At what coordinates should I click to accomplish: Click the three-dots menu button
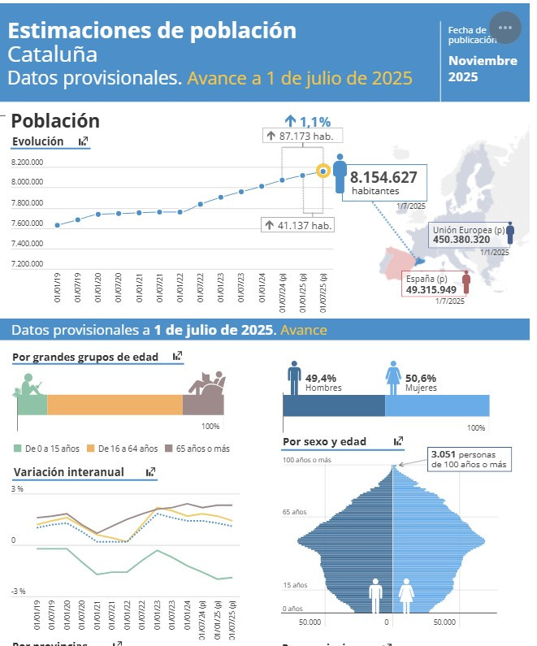[x=505, y=28]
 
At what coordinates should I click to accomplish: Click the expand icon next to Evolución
[x=84, y=141]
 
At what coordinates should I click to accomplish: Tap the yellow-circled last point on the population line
[x=323, y=171]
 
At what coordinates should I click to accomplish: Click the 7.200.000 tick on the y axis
[x=27, y=264]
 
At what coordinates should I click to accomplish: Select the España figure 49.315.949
[x=431, y=288]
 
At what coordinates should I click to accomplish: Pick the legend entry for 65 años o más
[x=200, y=449]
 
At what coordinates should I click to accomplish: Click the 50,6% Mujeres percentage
[x=421, y=378]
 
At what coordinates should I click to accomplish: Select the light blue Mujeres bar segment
[x=437, y=405]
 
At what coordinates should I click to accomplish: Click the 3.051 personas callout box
[x=469, y=459]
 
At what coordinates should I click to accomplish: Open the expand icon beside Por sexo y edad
[x=398, y=442]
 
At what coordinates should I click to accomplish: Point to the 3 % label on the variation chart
[x=18, y=489]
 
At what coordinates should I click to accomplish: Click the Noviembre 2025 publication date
[x=483, y=69]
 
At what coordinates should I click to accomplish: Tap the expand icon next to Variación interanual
[x=150, y=472]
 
